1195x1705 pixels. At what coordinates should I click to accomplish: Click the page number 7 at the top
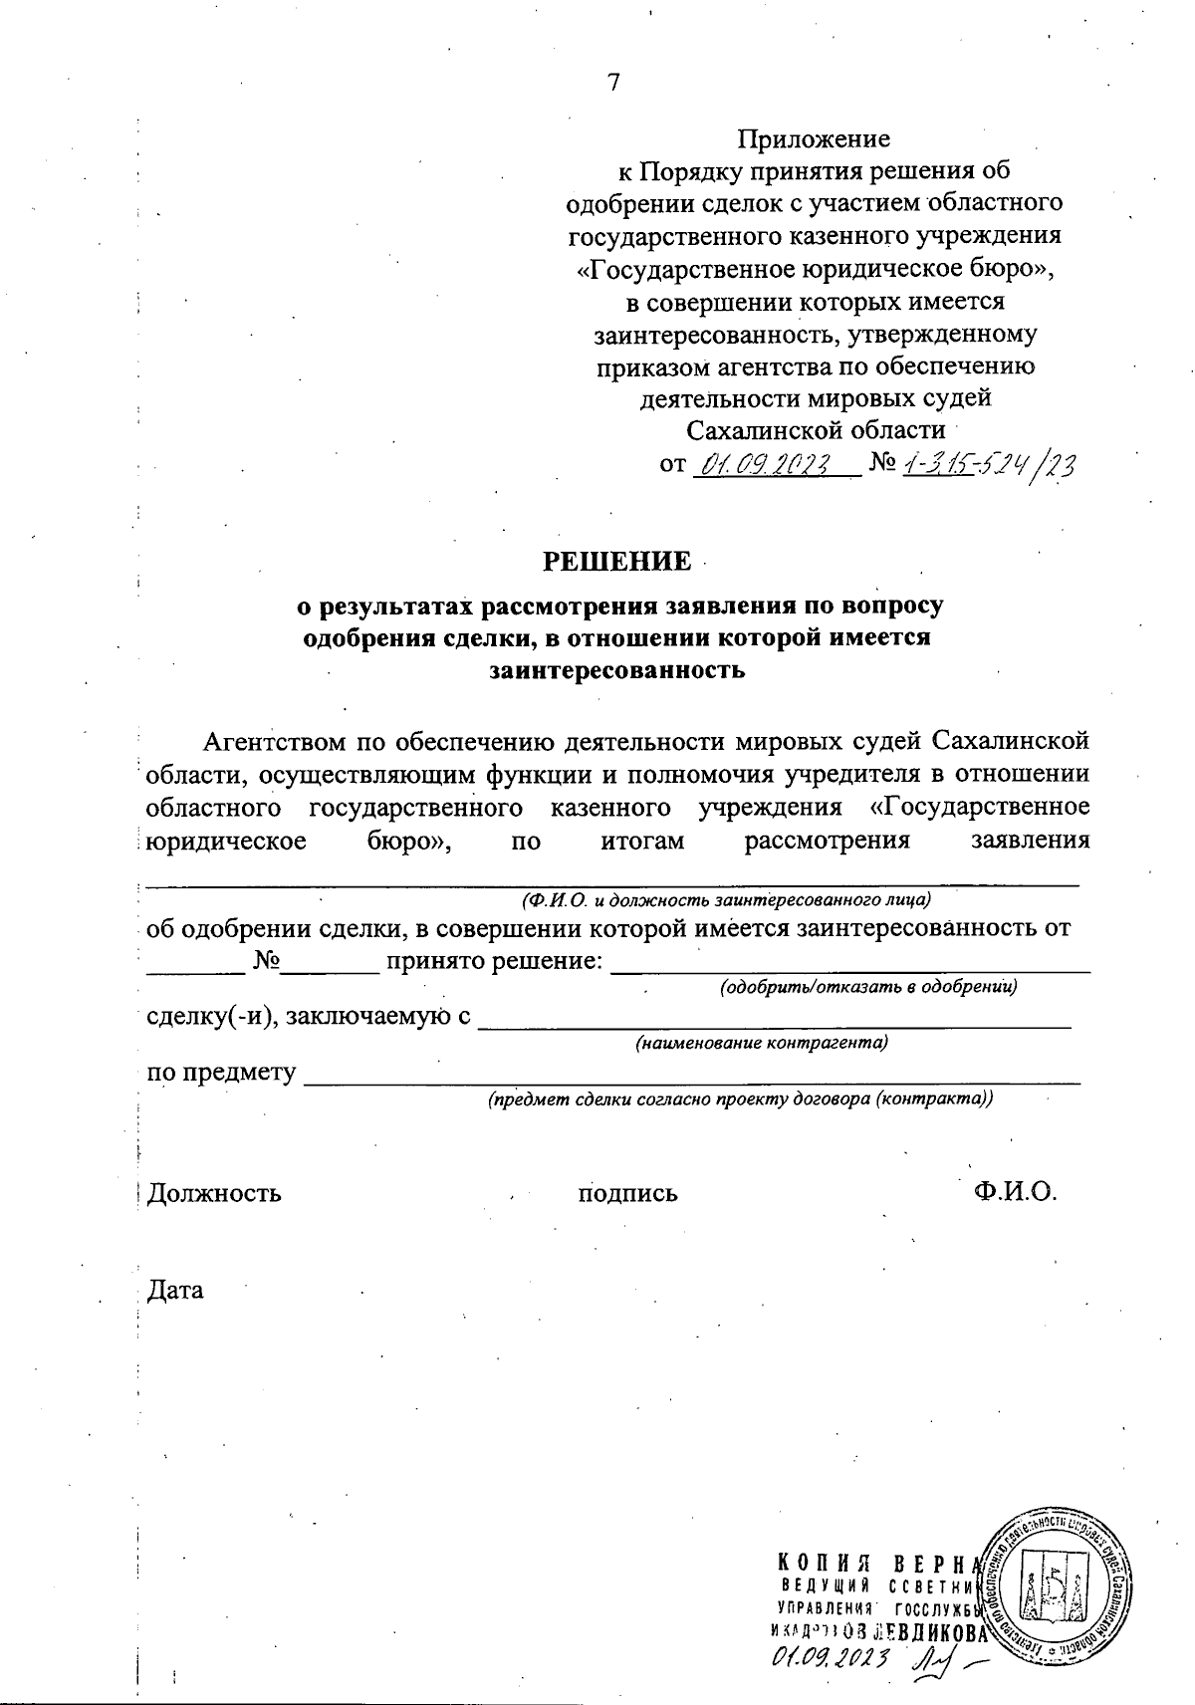613,83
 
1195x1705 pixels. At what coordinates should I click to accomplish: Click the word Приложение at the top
814,137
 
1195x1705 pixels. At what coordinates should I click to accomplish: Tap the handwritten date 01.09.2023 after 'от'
766,464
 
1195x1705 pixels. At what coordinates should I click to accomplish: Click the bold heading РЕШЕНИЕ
616,562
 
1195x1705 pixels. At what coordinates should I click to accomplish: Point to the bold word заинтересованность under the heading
616,669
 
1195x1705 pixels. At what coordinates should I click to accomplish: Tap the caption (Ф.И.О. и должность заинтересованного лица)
725,900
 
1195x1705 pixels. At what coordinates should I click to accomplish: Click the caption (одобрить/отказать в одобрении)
867,988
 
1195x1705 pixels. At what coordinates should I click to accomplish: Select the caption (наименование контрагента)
762,1043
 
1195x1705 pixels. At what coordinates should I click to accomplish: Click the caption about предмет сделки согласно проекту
740,1099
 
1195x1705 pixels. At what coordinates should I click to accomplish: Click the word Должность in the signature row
214,1192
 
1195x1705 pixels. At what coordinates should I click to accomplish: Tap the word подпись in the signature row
628,1192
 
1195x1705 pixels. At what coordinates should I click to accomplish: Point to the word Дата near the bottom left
175,1291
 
